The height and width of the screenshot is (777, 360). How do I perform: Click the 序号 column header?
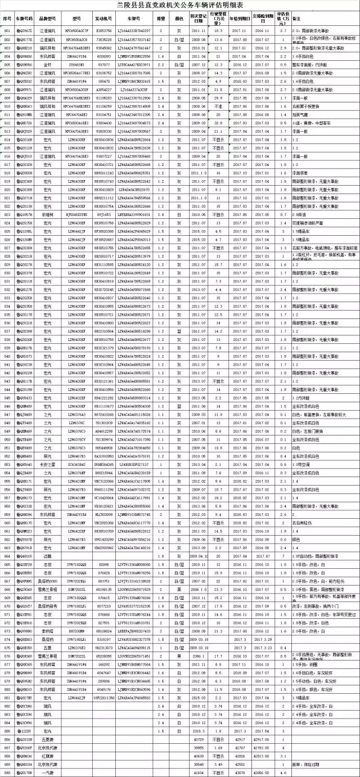(x=7, y=19)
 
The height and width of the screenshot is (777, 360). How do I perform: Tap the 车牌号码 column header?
(x=25, y=19)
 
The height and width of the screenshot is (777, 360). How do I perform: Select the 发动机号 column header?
(x=103, y=19)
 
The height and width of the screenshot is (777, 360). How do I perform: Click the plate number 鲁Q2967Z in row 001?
(x=25, y=30)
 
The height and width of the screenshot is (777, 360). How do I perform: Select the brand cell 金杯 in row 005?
(x=47, y=65)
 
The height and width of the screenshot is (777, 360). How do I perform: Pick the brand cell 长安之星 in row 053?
(x=47, y=465)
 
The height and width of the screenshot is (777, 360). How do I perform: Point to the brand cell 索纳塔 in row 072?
(x=47, y=615)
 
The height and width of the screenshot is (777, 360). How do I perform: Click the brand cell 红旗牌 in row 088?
(x=47, y=756)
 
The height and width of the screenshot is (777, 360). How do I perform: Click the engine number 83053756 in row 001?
(x=103, y=30)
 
